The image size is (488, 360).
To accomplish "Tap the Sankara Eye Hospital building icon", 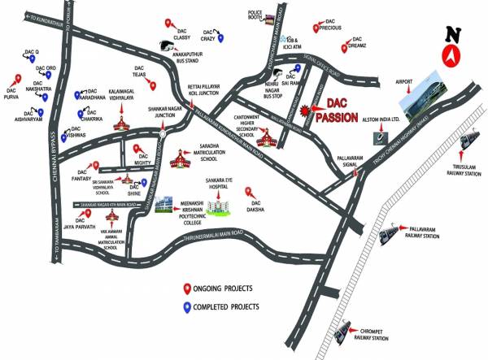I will [x=218, y=203].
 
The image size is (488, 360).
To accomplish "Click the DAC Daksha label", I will [x=258, y=209].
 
